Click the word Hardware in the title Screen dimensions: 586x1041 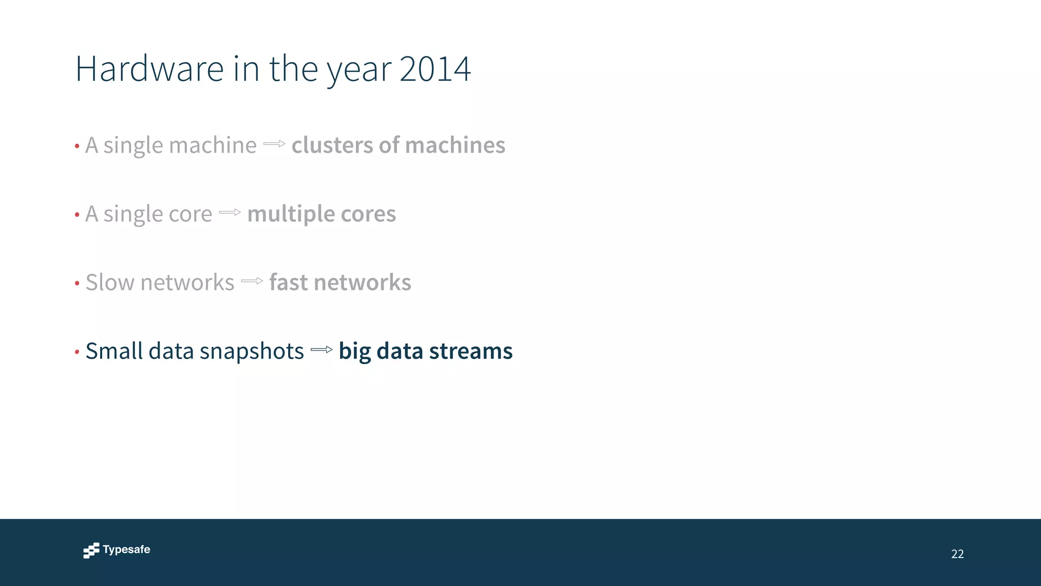149,69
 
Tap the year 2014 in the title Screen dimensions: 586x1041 435,69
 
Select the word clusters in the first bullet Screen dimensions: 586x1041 332,145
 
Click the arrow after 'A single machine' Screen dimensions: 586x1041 274,144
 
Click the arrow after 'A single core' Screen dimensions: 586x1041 230,213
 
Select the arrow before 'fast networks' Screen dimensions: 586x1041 252,281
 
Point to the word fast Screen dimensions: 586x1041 288,282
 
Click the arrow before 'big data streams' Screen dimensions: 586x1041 321,349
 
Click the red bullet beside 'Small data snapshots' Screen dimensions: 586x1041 77,352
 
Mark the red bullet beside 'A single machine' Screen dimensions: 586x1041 77,146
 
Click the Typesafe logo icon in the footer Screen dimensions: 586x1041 91,550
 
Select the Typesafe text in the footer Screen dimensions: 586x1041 127,550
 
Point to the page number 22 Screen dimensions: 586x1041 957,554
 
